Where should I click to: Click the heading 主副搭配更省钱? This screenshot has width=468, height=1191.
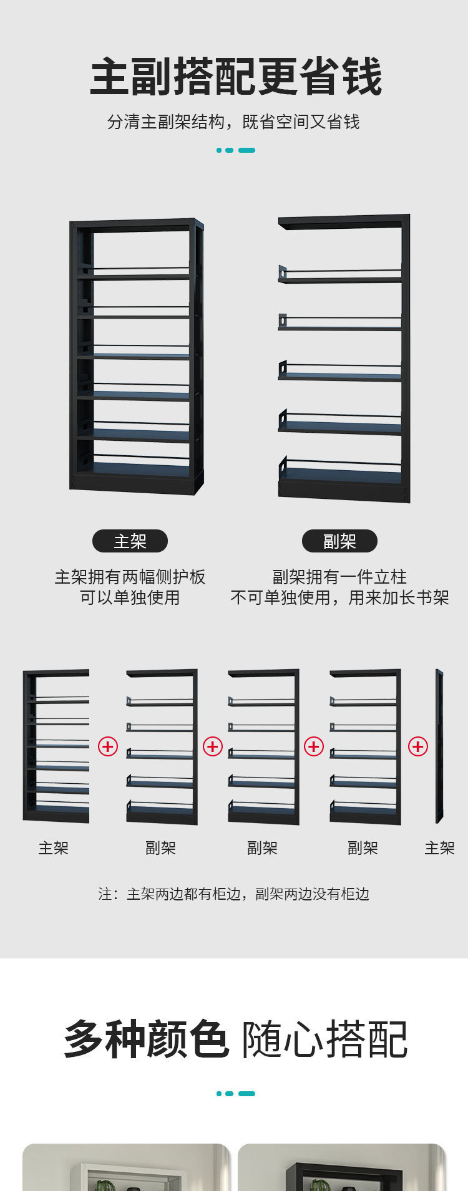click(x=235, y=77)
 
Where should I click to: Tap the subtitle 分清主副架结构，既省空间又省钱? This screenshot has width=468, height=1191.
click(x=233, y=122)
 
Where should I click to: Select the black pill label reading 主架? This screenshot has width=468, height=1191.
click(x=130, y=541)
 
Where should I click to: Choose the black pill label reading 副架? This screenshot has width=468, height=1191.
click(x=339, y=541)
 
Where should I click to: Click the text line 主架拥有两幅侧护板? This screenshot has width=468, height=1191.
click(x=130, y=577)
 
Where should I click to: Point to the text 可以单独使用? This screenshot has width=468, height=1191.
click(x=130, y=597)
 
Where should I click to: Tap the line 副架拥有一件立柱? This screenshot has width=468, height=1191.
click(x=339, y=577)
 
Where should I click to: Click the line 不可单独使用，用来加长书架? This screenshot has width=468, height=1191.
click(x=339, y=597)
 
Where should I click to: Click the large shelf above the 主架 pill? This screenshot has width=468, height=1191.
click(x=136, y=355)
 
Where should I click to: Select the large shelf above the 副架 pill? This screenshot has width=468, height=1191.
click(x=344, y=359)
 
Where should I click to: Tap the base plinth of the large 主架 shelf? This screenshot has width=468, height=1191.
click(x=136, y=483)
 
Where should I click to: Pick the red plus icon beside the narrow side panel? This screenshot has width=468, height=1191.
click(x=417, y=746)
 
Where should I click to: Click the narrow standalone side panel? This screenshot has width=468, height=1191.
click(x=439, y=746)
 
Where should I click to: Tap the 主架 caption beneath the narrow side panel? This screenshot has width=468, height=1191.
click(x=439, y=848)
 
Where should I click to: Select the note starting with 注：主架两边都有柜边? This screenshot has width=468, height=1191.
click(x=233, y=894)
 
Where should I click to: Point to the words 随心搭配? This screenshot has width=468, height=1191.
click(x=324, y=1039)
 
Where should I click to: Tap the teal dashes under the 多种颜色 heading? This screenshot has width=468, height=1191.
click(x=235, y=1094)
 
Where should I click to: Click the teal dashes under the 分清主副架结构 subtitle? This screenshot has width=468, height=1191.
click(x=235, y=150)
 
